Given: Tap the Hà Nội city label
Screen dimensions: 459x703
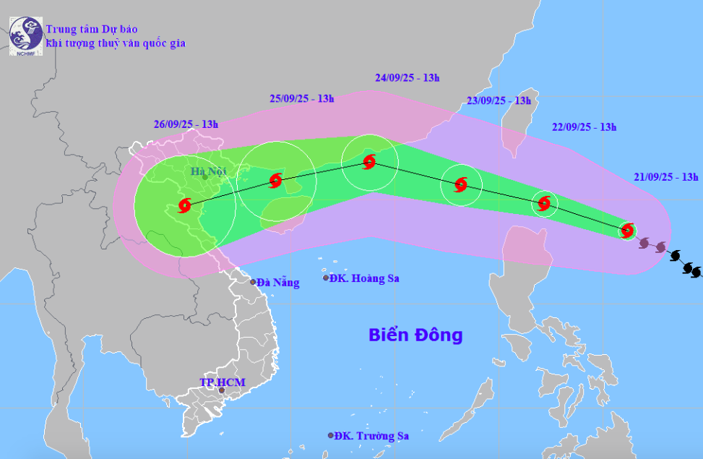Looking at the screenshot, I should click(209, 171).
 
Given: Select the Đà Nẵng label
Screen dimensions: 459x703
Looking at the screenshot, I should click(277, 283).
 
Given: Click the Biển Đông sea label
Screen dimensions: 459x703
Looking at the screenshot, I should click(415, 335).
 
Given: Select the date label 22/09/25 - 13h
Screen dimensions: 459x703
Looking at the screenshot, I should click(584, 127).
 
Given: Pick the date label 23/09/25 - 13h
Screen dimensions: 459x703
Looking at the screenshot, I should click(499, 100).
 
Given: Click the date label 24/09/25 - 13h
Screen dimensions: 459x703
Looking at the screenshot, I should click(407, 77).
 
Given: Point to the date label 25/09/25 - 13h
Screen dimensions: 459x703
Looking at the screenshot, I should click(301, 99).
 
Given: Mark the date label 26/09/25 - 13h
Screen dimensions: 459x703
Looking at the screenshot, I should click(186, 124).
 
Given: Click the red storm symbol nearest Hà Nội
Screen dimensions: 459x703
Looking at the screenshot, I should click(184, 205).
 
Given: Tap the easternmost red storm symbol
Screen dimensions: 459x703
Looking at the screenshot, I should click(628, 231).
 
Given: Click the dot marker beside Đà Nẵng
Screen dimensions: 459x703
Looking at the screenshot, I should click(254, 282).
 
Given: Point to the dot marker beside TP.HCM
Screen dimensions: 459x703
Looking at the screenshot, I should click(222, 391).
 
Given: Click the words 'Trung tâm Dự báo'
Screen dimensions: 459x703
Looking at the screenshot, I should click(92, 30).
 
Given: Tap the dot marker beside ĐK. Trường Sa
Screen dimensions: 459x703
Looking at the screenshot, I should click(331, 436).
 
